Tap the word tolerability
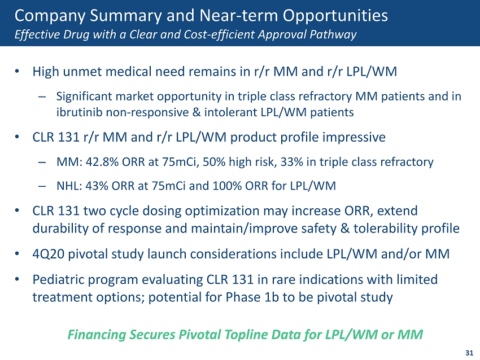(390, 229)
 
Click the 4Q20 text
(47, 253)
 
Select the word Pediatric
(57, 279)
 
